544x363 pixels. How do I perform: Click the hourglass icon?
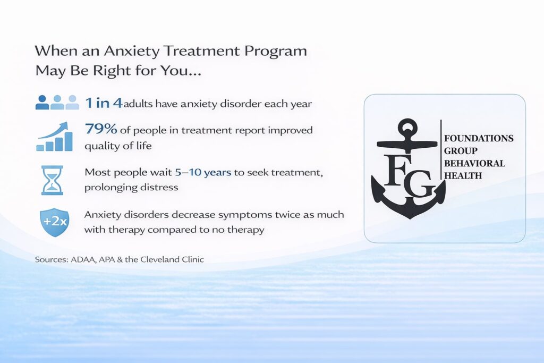click(x=52, y=180)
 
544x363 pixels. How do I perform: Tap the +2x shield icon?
click(x=54, y=222)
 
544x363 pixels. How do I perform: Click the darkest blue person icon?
click(x=42, y=103)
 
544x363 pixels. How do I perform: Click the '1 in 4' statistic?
click(x=104, y=103)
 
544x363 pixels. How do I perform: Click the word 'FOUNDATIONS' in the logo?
click(x=478, y=138)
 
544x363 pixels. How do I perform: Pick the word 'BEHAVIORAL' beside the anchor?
click(x=474, y=163)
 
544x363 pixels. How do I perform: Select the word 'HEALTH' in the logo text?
click(x=463, y=175)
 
